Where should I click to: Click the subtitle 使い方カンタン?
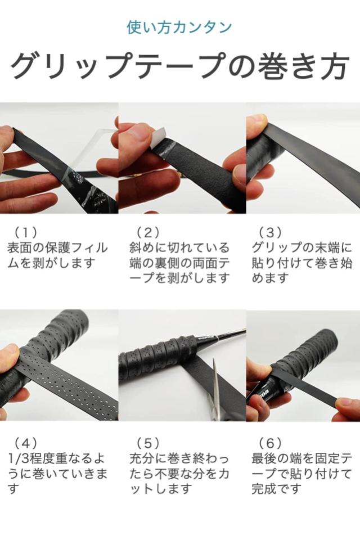tap(179, 27)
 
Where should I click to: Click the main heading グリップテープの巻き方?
tap(180, 65)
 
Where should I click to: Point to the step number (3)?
tap(271, 232)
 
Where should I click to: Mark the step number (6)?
tap(271, 443)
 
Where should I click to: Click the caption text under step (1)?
tap(57, 255)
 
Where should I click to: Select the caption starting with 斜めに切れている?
tap(179, 263)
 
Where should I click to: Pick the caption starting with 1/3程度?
tap(57, 473)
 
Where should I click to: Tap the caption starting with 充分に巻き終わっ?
tap(179, 473)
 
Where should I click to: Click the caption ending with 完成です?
tap(301, 473)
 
